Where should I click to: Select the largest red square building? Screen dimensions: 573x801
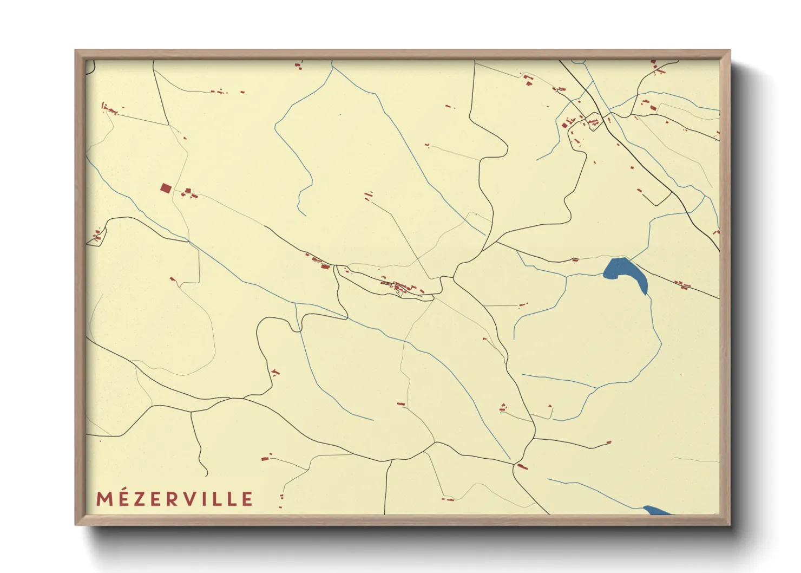pos(166,188)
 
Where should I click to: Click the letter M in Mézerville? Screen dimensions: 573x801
pos(104,499)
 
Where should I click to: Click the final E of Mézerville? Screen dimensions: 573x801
pos(248,499)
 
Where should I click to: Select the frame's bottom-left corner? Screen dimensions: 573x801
pos(76,524)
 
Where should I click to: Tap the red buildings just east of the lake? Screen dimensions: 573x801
pos(682,284)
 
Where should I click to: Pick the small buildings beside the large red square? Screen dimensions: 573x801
pos(189,193)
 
